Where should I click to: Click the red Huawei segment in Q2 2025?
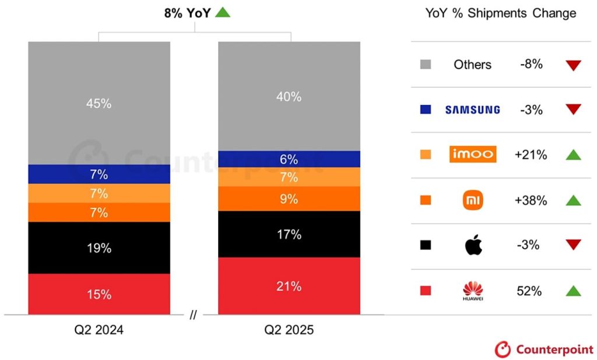(289, 286)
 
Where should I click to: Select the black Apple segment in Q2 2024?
(99, 247)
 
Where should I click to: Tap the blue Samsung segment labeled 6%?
(289, 159)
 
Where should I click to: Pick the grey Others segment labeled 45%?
(99, 103)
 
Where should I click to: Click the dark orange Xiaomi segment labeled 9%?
(289, 198)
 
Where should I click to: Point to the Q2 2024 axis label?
(99, 330)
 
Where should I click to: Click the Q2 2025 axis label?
(289, 330)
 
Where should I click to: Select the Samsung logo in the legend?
(472, 109)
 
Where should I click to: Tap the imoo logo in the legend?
(473, 155)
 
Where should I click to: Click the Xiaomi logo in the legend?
(473, 201)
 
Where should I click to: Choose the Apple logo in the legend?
(473, 246)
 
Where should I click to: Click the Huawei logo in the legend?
(473, 291)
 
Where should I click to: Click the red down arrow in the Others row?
(573, 65)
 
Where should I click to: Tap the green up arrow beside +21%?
(573, 155)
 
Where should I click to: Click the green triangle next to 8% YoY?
(223, 12)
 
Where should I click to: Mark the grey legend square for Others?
(426, 64)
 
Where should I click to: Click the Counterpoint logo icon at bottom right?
(503, 349)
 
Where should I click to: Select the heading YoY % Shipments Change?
(500, 13)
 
